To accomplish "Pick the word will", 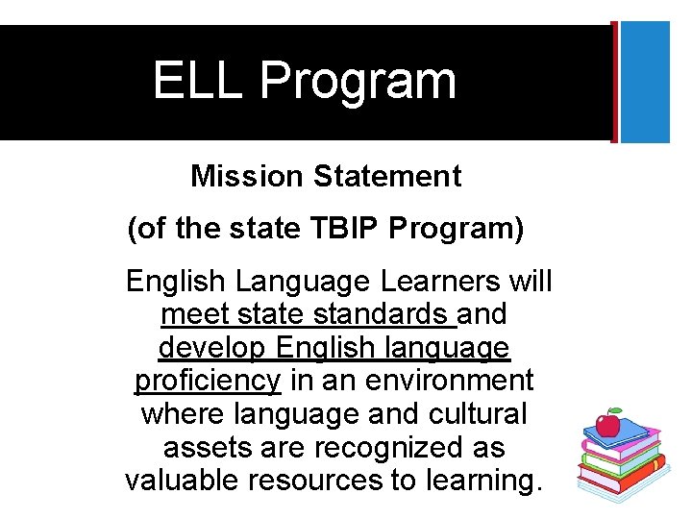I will [531, 282].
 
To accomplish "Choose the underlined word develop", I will [213, 348].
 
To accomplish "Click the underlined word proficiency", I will [208, 382].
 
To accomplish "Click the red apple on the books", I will [607, 424].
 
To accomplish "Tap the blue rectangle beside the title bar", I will [645, 83].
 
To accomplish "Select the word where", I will [182, 414].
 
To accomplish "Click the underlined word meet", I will [191, 315].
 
